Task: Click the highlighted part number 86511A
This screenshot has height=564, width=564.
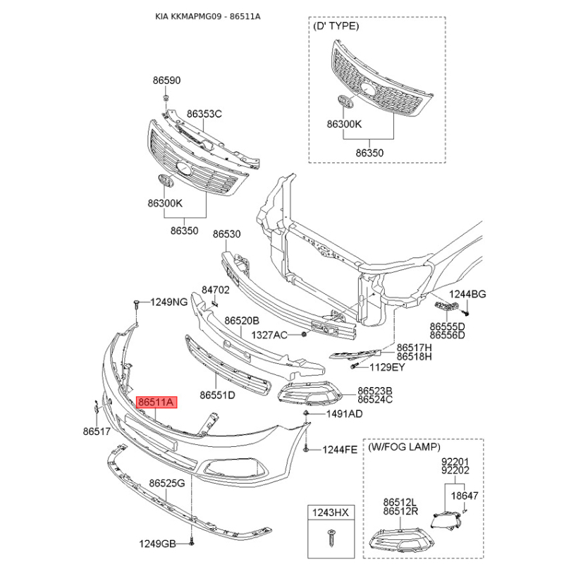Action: (157, 403)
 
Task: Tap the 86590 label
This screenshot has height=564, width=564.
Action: (167, 80)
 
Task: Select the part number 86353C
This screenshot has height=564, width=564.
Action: (204, 114)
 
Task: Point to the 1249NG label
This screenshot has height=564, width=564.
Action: (169, 302)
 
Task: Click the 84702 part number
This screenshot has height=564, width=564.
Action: (216, 289)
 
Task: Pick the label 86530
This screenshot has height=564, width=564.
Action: (227, 233)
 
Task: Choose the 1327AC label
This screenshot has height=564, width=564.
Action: (270, 334)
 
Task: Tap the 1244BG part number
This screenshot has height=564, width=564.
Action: (469, 294)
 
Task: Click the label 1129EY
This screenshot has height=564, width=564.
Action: (388, 367)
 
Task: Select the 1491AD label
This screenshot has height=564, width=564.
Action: (345, 414)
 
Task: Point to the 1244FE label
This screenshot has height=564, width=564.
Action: (341, 449)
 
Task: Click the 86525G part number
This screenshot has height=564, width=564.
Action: (166, 484)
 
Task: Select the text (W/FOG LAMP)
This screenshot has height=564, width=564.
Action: (405, 447)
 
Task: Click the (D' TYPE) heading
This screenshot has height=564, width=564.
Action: (336, 25)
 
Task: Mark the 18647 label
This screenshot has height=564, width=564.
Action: (464, 496)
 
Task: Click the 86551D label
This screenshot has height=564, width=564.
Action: (217, 395)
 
